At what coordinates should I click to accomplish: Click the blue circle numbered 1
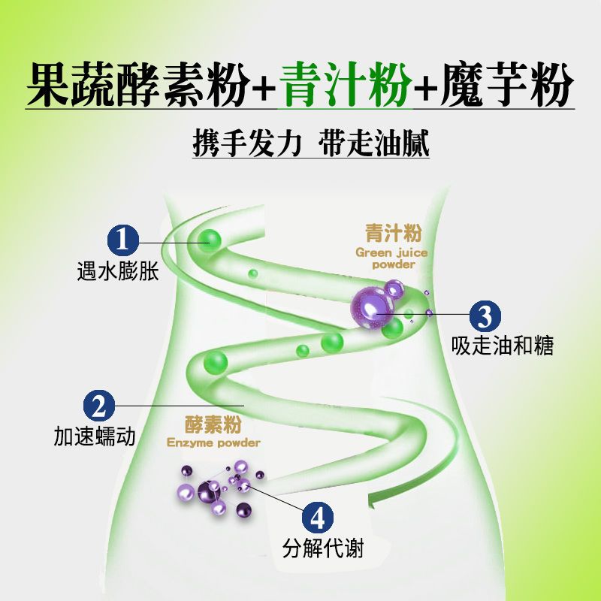click(122, 240)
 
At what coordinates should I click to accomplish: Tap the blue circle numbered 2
click(99, 406)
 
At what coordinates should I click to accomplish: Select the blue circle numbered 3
click(485, 316)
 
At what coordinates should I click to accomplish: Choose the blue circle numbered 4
click(317, 518)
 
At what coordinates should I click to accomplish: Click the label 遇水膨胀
click(118, 271)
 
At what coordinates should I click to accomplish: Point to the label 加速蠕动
click(95, 436)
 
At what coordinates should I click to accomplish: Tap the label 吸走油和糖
click(503, 346)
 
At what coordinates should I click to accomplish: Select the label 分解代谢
click(323, 548)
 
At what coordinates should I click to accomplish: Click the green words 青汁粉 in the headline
click(345, 85)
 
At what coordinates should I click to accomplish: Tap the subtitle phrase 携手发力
click(247, 143)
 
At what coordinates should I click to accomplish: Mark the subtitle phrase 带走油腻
click(373, 143)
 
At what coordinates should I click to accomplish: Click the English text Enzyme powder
click(213, 442)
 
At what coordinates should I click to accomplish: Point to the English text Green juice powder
click(391, 258)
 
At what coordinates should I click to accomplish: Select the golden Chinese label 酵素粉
click(213, 424)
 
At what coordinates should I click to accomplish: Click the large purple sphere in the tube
click(370, 308)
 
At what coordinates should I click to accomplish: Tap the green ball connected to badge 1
click(210, 241)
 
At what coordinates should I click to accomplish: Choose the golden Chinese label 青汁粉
click(393, 233)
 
